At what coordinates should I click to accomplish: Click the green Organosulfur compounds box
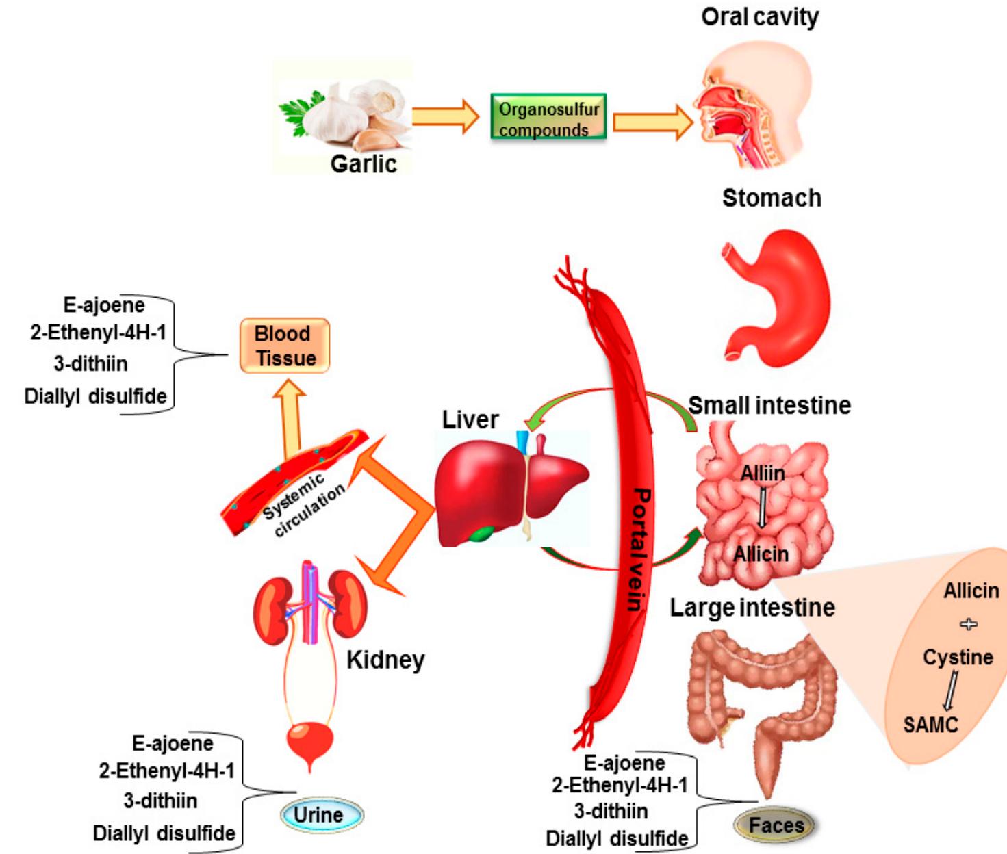[x=548, y=118]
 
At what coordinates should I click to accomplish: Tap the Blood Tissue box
[x=285, y=346]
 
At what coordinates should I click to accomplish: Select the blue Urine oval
[x=321, y=814]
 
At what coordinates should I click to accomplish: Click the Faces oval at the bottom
[x=775, y=825]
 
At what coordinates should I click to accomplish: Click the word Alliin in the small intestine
[x=763, y=472]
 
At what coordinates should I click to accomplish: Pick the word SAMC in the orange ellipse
[x=930, y=724]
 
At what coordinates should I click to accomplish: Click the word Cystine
[x=957, y=657]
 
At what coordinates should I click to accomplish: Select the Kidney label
[x=385, y=660]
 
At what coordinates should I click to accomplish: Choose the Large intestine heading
[x=752, y=608]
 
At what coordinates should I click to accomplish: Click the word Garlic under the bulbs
[x=364, y=164]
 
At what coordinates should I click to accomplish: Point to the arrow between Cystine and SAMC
[x=950, y=691]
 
